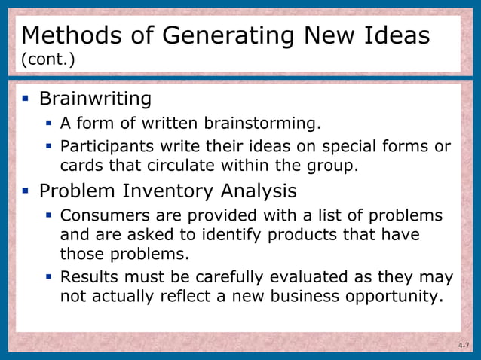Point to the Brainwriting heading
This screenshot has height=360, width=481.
tap(95, 99)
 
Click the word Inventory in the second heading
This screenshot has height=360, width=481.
tap(181, 190)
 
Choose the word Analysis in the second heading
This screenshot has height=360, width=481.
tap(265, 190)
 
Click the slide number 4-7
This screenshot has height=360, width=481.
tap(463, 346)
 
